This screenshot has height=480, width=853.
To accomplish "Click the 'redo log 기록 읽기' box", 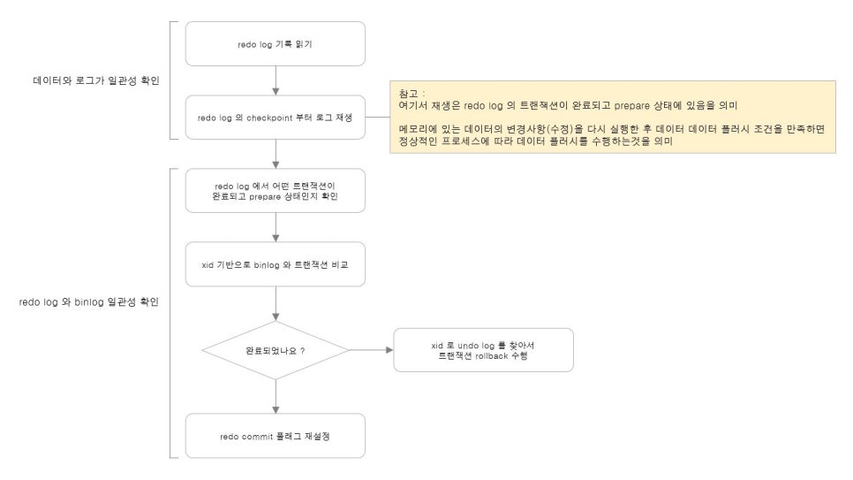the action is coord(276,44).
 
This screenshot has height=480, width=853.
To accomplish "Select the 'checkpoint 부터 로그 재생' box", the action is coord(276,118).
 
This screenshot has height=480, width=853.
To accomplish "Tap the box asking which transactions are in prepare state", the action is coord(276,191).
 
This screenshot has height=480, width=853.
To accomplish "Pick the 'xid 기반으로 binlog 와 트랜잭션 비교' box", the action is coord(276,264).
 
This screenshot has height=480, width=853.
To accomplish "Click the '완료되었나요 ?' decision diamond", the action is coord(276,350).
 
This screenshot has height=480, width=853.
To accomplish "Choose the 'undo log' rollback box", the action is coord(483,350).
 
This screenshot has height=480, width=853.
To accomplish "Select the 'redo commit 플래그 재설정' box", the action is coord(276,436).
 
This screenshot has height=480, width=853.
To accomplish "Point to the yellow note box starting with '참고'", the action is coord(613,118).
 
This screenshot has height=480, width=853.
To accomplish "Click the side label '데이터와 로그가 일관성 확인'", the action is coord(96,80).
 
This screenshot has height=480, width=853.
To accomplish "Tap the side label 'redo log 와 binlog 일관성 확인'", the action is coord(88,301).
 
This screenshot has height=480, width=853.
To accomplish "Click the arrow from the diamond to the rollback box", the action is coord(371,350).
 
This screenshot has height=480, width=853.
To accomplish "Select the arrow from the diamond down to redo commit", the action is coord(276,397).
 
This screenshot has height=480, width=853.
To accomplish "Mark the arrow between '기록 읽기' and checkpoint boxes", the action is coord(276,81).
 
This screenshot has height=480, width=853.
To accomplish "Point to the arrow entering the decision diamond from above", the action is coord(276,303).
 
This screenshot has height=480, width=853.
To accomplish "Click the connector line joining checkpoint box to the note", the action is coord(378,117).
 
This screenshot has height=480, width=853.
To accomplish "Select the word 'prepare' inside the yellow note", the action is coord(631,106).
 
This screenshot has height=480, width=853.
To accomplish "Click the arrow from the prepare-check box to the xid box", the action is coord(276,227).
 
